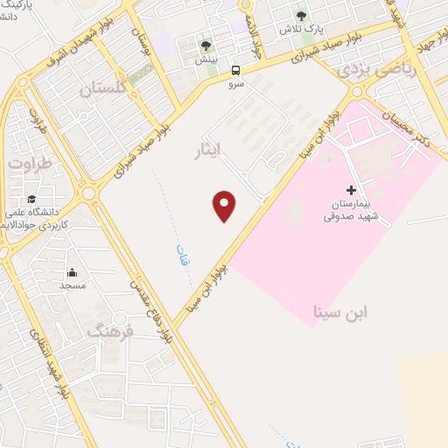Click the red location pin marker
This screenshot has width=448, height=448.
tap(225, 206)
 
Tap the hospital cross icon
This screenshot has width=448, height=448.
tap(351, 190)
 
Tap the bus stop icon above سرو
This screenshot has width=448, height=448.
tap(235, 70)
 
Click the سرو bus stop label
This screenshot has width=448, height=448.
tap(235, 85)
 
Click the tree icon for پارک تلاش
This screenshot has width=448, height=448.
tap(302, 16)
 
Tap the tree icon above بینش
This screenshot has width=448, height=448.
tap(206, 45)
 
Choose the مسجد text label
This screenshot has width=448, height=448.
tap(72, 286)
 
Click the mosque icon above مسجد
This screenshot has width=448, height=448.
tap(72, 272)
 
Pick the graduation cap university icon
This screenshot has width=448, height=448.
tap(32, 199)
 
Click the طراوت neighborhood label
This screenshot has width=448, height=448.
tap(31, 162)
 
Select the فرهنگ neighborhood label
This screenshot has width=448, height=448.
tap(111, 331)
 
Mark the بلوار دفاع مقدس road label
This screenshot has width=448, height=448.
tap(150, 311)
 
